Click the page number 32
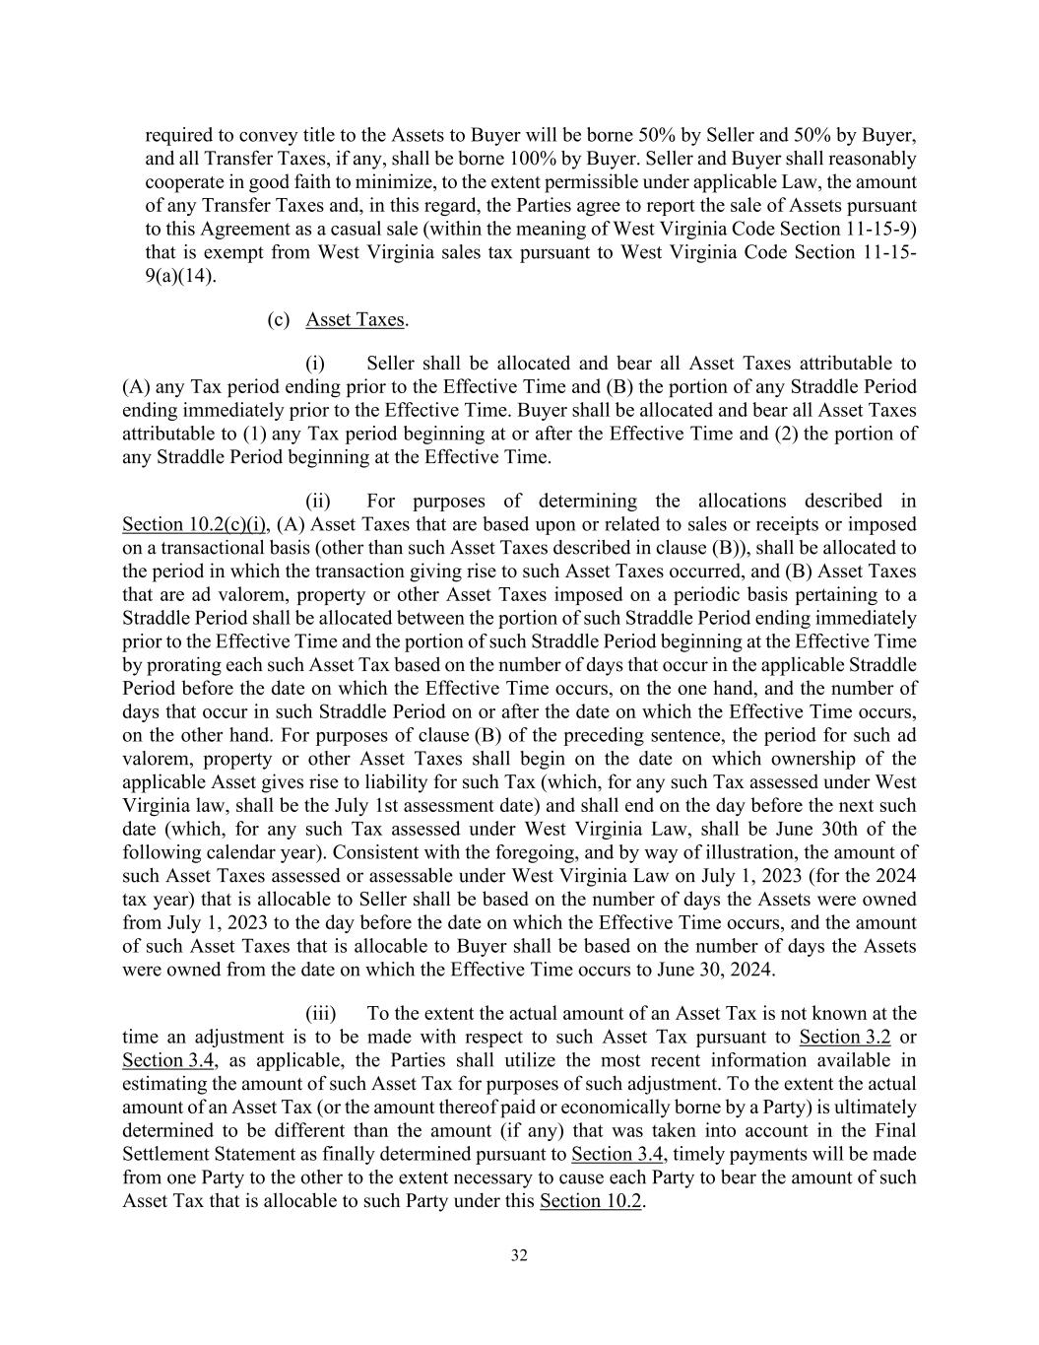pos(519,1255)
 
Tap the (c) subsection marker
pos(279,319)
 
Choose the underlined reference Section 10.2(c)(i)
pos(194,524)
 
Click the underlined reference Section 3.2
pos(844,1037)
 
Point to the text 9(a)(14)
pos(180,276)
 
